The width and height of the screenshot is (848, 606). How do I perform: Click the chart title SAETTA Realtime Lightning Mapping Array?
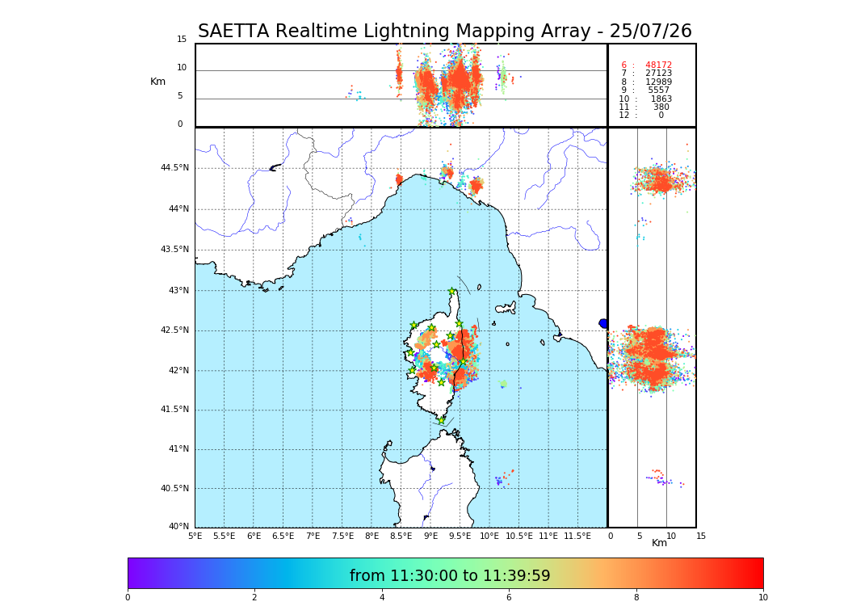click(444, 32)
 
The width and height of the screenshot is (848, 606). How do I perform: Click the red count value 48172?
click(658, 65)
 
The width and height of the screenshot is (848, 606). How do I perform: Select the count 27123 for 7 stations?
click(658, 74)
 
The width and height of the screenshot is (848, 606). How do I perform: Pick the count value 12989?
click(658, 82)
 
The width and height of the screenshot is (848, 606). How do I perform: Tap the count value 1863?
click(661, 99)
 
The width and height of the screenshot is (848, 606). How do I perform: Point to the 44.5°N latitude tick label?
click(174, 168)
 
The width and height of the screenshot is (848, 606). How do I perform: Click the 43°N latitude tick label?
click(177, 291)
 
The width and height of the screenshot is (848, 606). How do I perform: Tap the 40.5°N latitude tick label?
click(174, 489)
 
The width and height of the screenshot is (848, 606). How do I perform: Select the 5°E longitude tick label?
click(195, 536)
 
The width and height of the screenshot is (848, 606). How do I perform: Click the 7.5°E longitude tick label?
click(342, 536)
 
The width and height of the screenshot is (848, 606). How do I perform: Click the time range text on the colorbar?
click(450, 576)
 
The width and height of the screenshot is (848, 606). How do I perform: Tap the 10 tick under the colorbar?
click(762, 598)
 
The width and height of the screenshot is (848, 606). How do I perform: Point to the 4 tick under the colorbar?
click(382, 598)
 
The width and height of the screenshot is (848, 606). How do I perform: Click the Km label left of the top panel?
click(157, 82)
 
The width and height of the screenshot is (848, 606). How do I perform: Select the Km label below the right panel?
click(660, 543)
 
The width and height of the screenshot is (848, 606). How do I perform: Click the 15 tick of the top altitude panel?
click(182, 40)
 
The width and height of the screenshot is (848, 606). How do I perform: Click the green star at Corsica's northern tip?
click(452, 292)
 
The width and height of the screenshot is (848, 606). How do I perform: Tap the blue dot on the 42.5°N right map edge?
click(603, 324)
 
